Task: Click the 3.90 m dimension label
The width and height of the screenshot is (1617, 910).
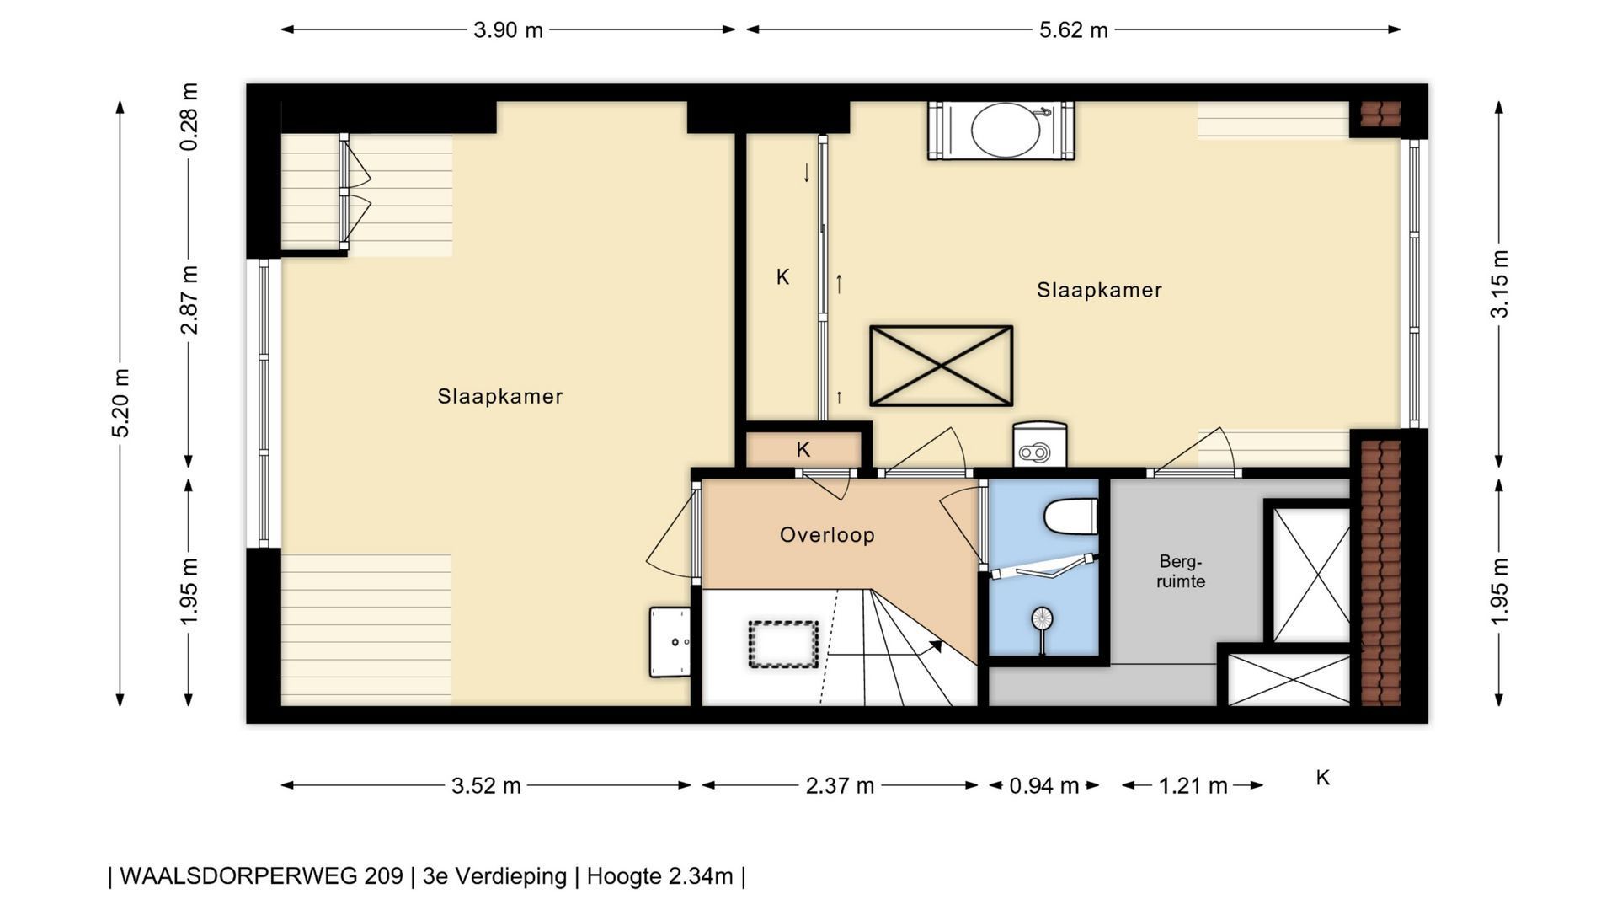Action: point(508,30)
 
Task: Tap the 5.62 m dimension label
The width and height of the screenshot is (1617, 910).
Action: point(1073,30)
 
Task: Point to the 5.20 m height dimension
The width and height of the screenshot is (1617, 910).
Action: point(121,403)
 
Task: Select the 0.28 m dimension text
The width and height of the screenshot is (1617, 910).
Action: point(189,116)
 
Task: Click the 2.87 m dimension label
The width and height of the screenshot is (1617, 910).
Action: point(189,300)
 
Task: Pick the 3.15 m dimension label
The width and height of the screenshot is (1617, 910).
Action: point(1500,283)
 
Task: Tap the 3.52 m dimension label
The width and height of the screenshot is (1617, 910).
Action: point(486,786)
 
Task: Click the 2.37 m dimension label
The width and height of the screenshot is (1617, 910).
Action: point(840,786)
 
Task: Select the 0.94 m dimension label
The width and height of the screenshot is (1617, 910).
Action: point(1043,786)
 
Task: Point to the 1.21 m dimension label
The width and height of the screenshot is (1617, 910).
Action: point(1193,786)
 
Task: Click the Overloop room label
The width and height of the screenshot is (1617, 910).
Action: point(827,535)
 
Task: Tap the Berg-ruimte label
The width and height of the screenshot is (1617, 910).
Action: point(1181,571)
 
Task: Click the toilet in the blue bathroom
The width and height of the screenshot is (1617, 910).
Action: point(1071,516)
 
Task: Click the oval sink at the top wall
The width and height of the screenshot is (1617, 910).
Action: point(1006,131)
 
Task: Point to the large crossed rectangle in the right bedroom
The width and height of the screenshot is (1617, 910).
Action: point(941,366)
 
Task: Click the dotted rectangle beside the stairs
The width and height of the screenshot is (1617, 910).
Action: point(783,645)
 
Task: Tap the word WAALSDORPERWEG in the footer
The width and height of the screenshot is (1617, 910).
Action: point(261,876)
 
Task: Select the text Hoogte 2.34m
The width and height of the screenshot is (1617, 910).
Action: point(659,876)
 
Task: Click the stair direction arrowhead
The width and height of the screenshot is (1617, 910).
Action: point(936,646)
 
